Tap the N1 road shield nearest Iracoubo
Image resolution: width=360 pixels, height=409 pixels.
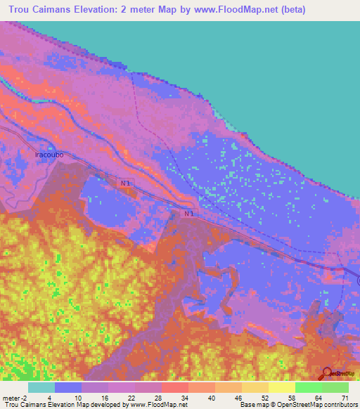125,183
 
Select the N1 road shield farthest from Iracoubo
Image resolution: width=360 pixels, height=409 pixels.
188,213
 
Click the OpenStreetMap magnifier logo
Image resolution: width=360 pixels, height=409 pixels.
328,373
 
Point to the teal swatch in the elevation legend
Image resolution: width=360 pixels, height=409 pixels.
41,387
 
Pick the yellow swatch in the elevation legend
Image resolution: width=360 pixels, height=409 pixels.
281,387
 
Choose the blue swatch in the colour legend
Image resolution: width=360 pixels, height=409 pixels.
68,387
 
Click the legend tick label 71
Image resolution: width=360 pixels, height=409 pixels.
344,397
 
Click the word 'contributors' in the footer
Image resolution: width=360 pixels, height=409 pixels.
340,405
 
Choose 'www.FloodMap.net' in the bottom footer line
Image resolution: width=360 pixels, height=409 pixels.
156,405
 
